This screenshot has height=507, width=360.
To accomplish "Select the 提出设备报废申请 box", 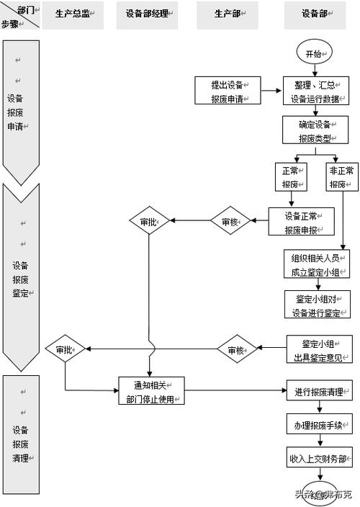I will (x=227, y=91).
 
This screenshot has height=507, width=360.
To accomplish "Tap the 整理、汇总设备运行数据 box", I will (x=318, y=91).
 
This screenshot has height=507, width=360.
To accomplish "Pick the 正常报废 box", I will (x=290, y=177).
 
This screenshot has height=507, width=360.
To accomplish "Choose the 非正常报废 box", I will (x=341, y=177).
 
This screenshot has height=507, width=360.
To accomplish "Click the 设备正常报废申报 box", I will (x=301, y=222).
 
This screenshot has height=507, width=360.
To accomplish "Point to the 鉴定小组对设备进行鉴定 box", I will (x=318, y=305).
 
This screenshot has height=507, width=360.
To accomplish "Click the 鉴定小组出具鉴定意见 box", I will (x=318, y=350).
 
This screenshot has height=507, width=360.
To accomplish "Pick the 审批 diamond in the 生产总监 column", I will (x=66, y=350).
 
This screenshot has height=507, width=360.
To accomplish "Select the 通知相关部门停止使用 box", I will (x=152, y=391).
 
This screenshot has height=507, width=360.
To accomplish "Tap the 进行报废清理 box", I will (x=318, y=392).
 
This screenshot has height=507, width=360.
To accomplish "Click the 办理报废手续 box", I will (x=318, y=425).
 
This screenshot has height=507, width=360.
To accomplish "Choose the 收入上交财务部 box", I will (x=318, y=457).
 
